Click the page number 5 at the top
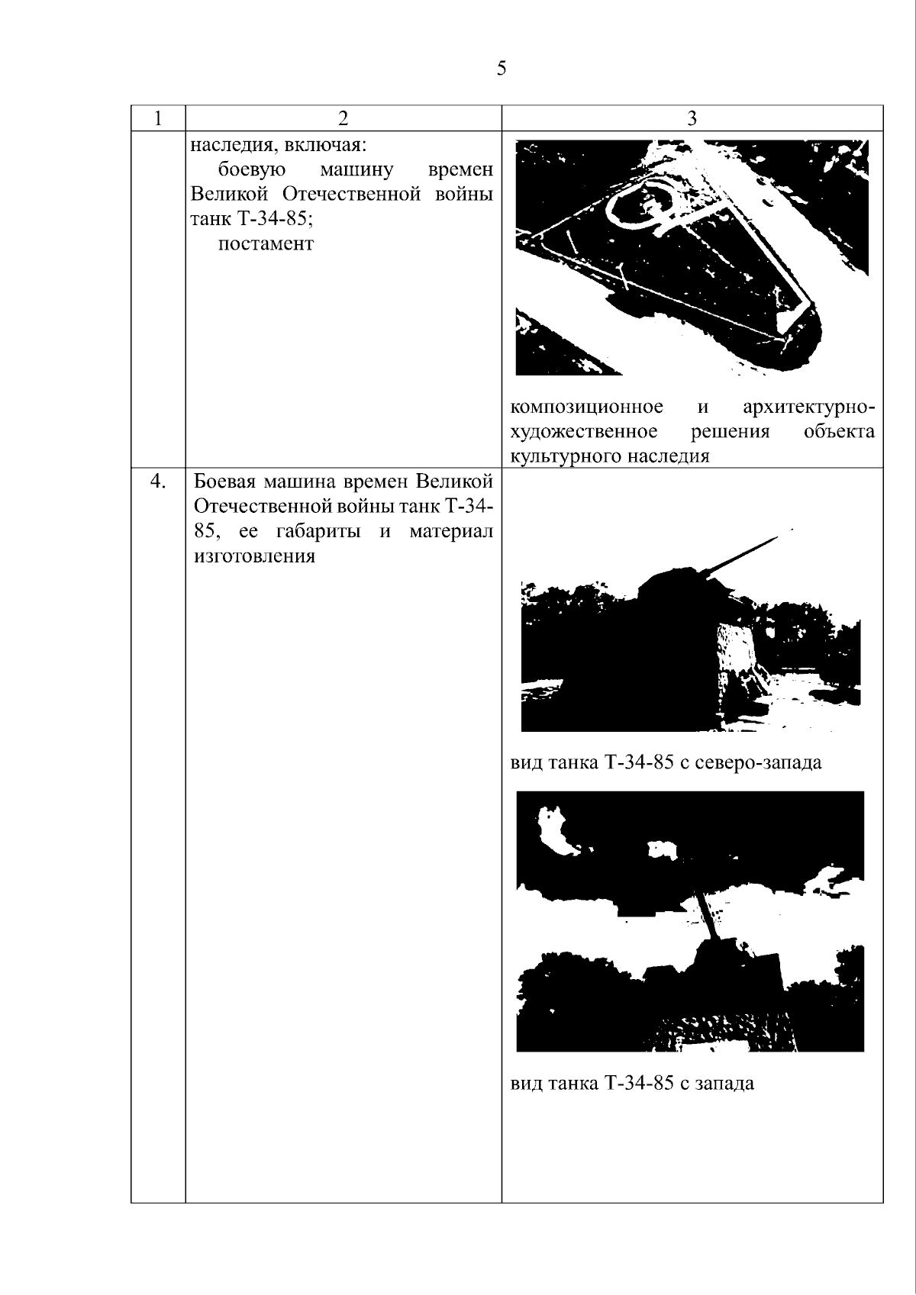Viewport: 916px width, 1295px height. tap(502, 68)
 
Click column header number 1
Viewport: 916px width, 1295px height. tap(158, 118)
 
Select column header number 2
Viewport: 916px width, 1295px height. tap(343, 118)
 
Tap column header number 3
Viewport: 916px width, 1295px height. tap(692, 118)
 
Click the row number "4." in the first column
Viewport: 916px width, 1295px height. tap(158, 481)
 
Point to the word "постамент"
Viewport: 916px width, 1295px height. tap(266, 244)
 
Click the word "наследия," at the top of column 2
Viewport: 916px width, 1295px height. tap(229, 145)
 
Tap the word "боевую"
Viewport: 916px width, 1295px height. tap(252, 169)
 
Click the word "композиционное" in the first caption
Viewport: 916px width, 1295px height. tap(587, 407)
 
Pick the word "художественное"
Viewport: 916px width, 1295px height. tap(584, 432)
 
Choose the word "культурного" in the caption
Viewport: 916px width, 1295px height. tap(566, 456)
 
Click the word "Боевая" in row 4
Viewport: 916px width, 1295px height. tap(225, 481)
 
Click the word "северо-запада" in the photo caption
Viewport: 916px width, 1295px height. tap(758, 762)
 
